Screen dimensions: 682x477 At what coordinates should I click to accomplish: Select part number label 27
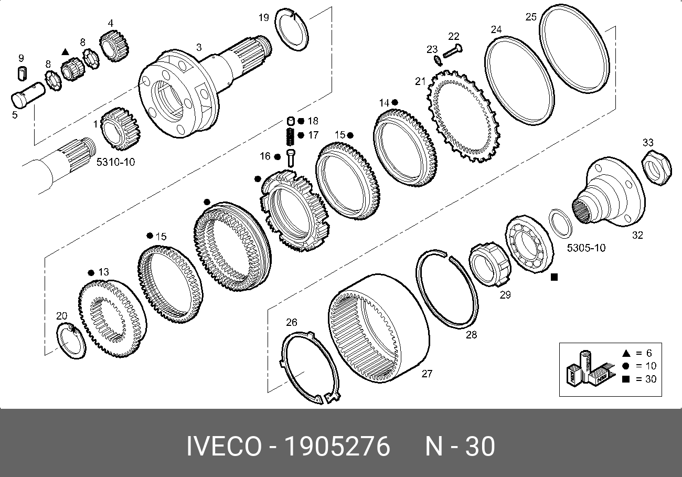(427, 374)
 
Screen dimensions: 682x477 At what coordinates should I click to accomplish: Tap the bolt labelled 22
(453, 51)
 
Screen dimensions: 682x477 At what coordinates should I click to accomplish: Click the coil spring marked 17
(291, 136)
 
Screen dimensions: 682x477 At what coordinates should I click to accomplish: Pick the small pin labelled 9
(22, 73)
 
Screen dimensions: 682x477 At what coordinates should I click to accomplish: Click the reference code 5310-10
(116, 162)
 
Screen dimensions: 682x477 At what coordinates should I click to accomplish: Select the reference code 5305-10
(586, 248)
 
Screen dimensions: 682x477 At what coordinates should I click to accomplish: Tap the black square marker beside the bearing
(554, 277)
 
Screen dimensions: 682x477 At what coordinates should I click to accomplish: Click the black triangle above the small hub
(65, 52)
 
